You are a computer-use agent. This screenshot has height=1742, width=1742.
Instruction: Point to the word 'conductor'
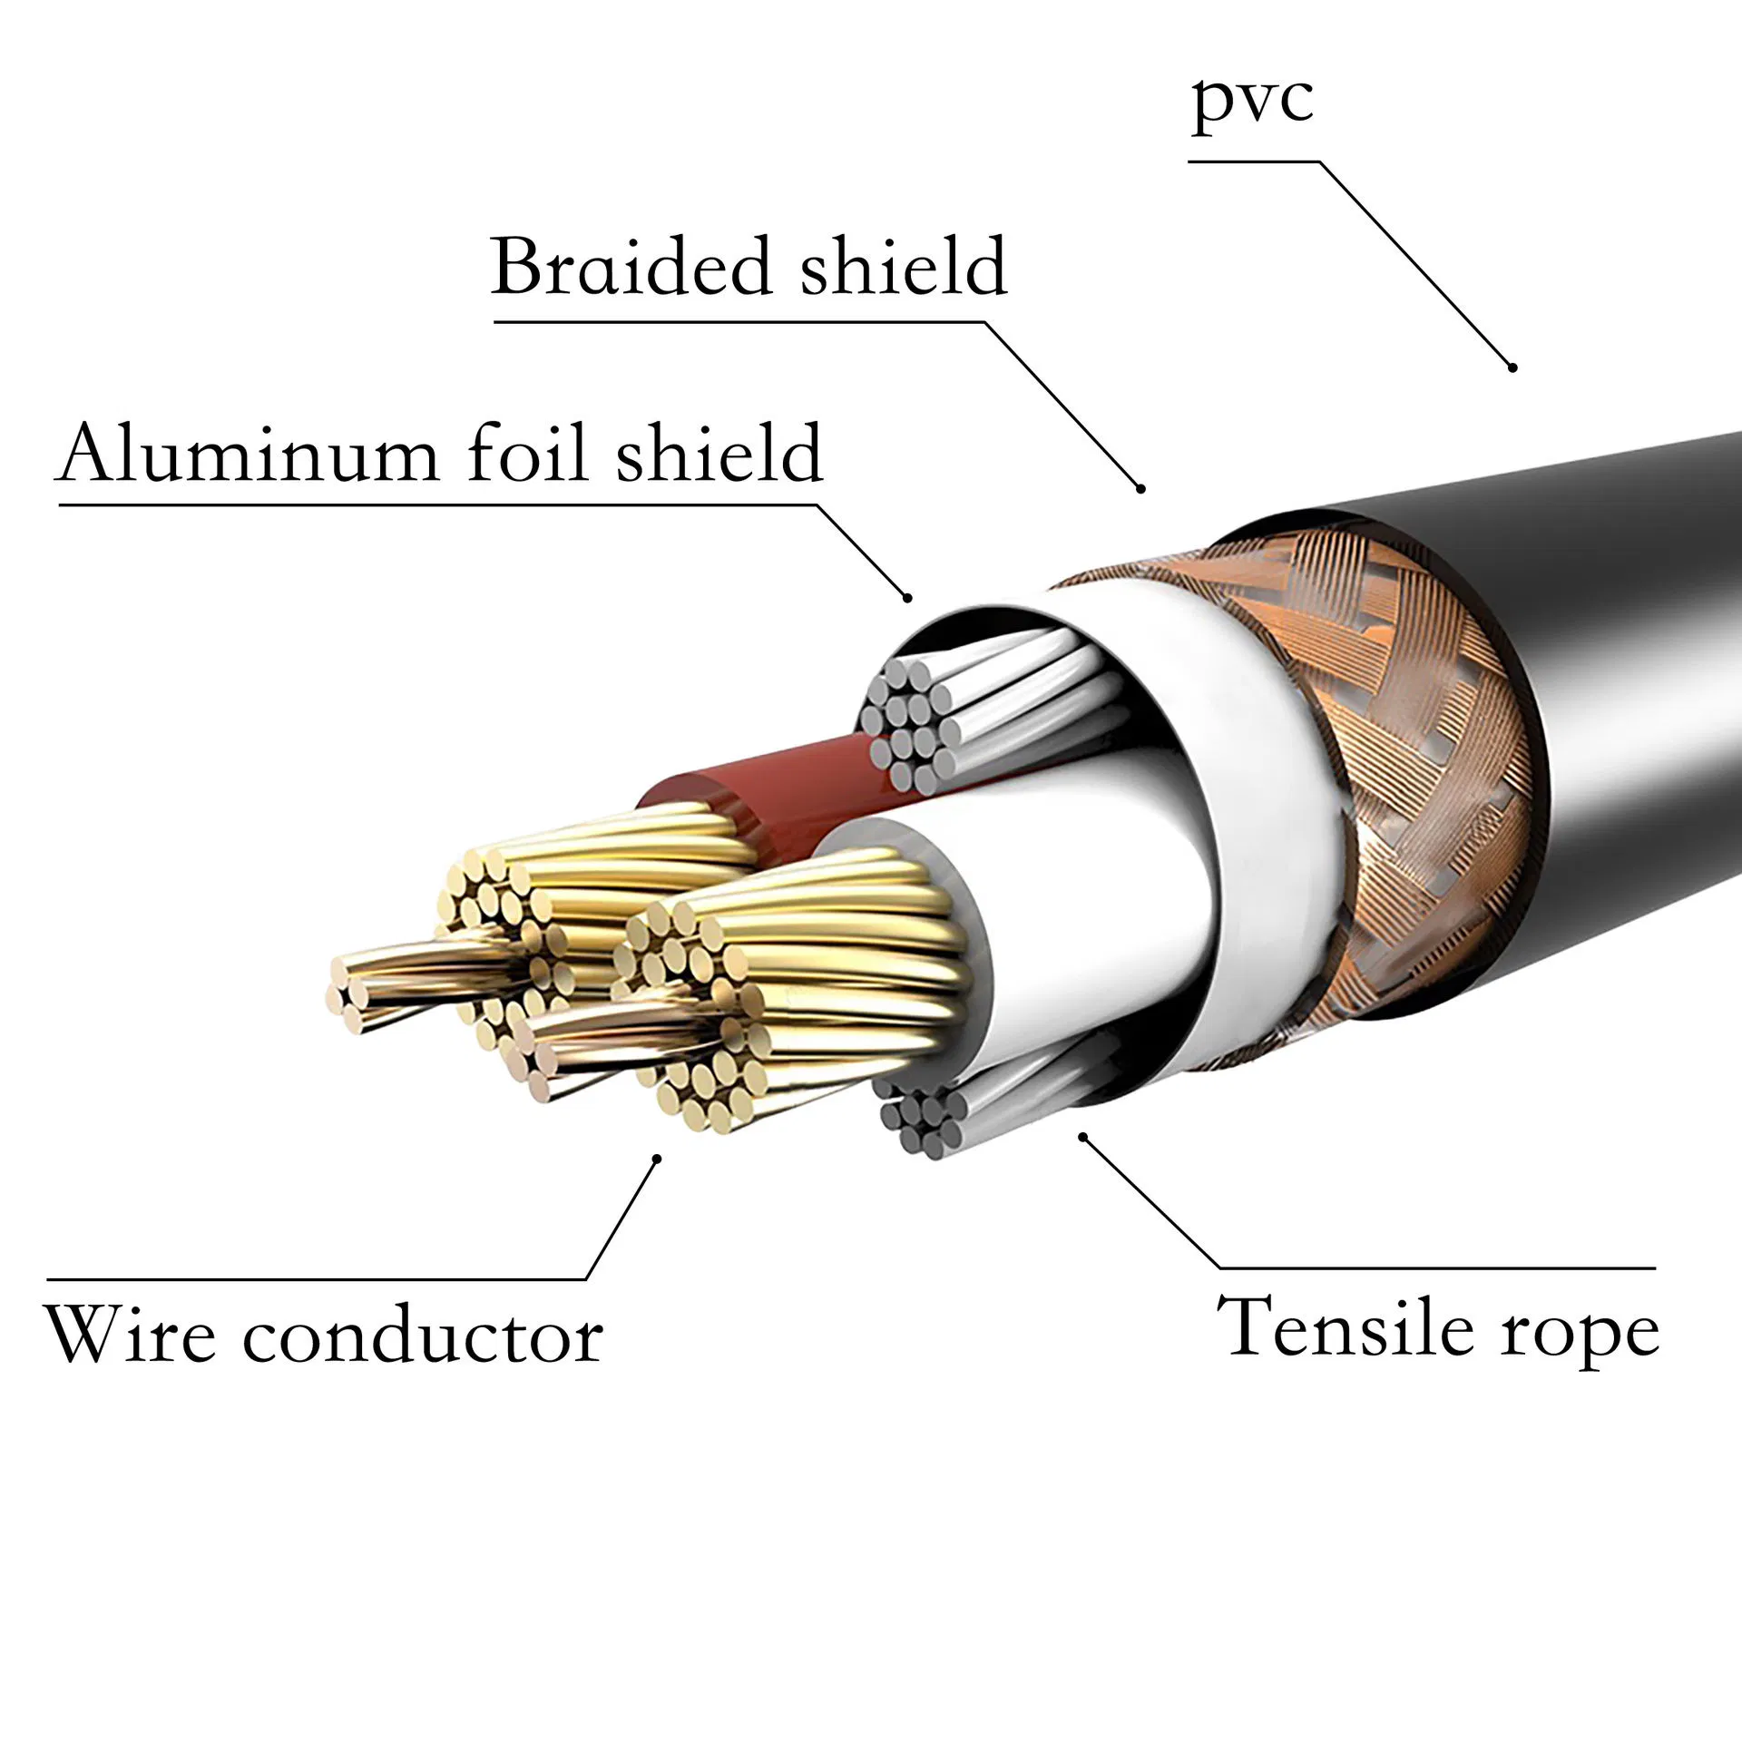(422, 1336)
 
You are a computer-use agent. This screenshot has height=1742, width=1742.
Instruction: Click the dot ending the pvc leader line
(1512, 367)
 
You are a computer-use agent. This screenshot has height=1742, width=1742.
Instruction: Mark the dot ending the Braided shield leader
(1141, 489)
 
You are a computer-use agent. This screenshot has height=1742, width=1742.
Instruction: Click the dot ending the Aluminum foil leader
(906, 596)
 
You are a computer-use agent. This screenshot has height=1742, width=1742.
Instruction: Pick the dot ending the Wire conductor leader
(659, 1157)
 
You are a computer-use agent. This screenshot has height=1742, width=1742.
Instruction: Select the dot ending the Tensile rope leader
(1081, 1135)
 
